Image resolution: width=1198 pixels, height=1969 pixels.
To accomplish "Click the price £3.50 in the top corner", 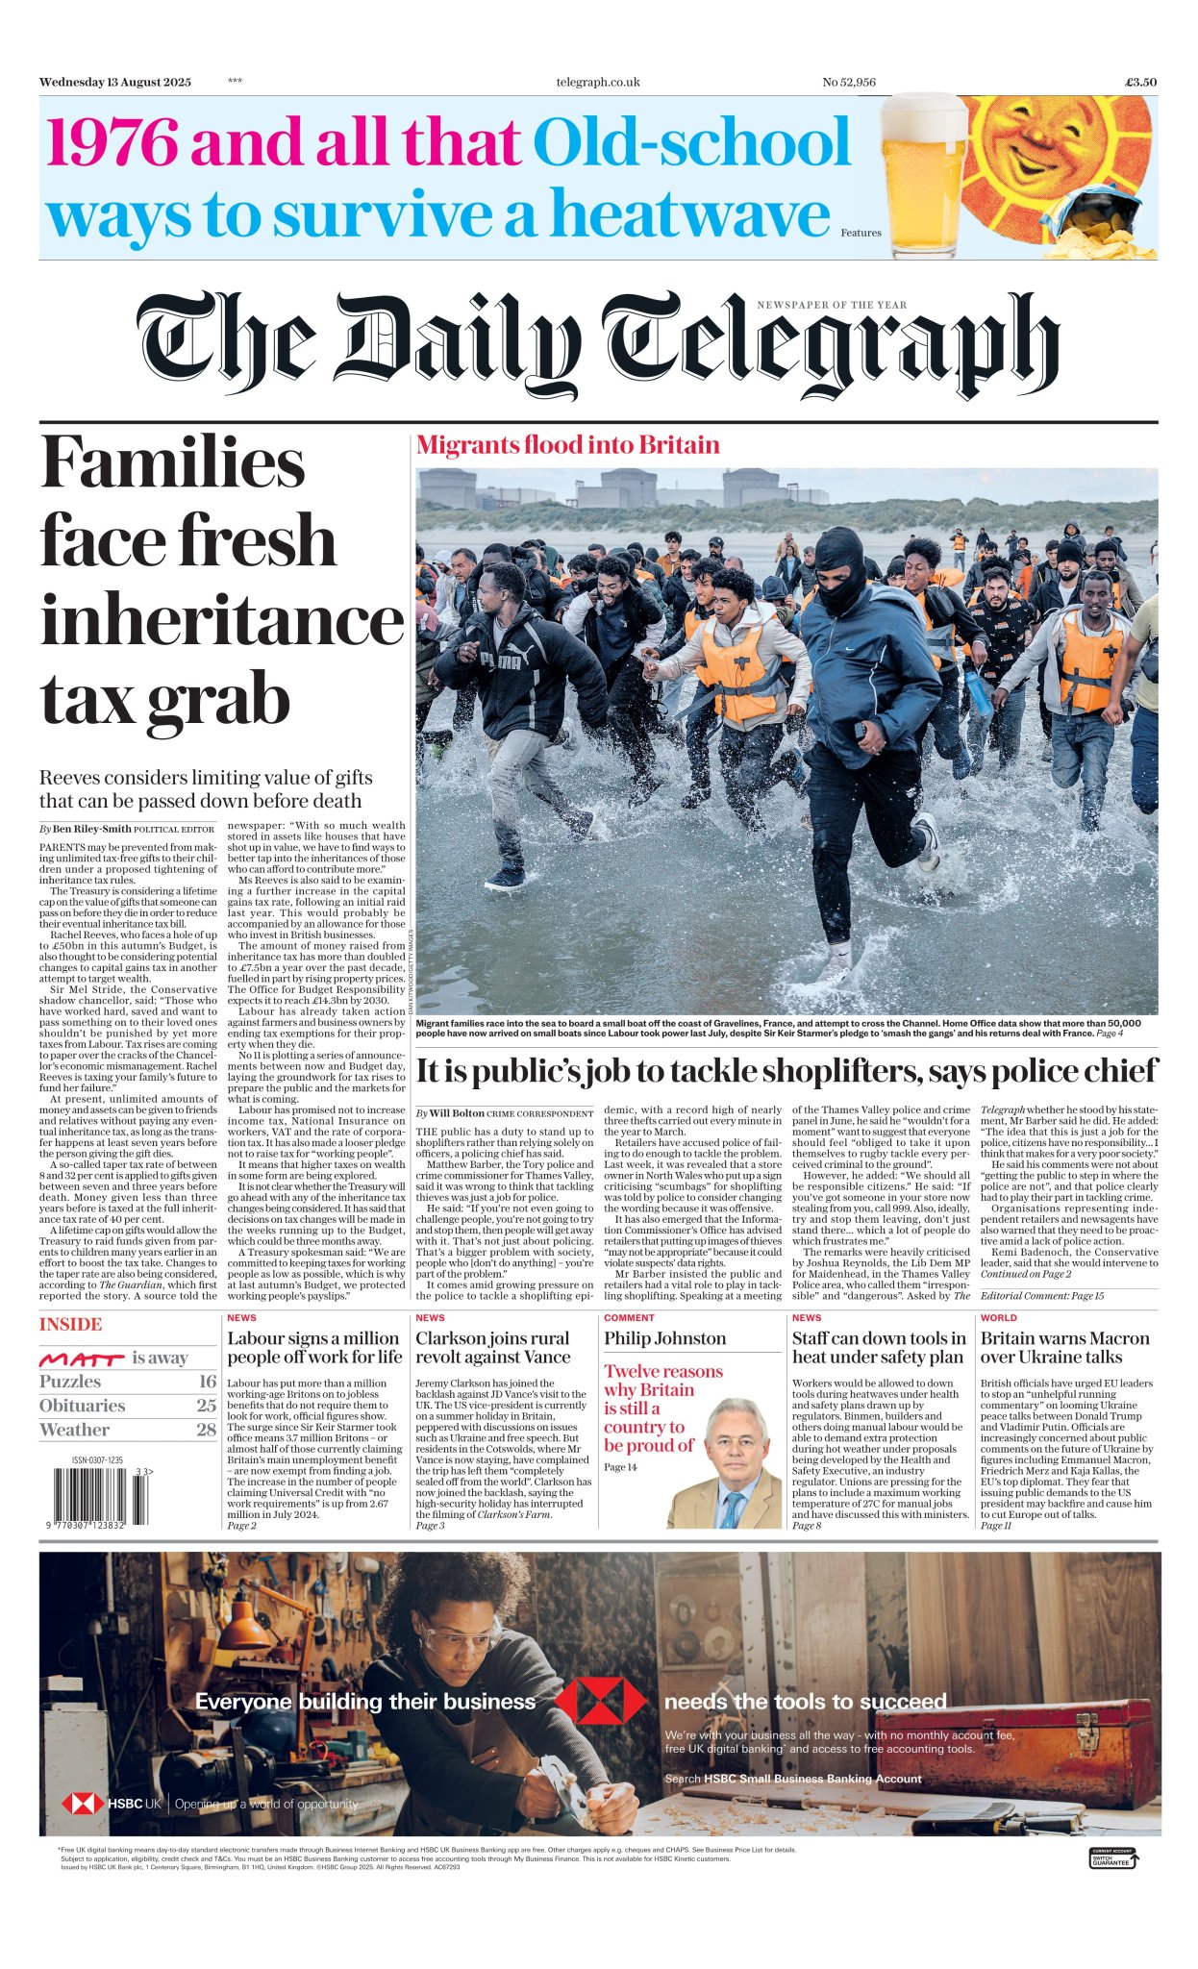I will click(1140, 82).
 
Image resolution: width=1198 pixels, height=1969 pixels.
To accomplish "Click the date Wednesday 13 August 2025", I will click(115, 82).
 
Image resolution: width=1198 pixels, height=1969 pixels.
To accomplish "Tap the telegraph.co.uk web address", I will click(597, 82).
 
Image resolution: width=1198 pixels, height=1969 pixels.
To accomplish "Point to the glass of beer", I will click(922, 177).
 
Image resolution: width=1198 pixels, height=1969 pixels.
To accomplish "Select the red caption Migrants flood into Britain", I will click(567, 445).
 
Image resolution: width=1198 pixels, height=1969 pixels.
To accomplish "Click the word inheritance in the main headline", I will click(222, 621).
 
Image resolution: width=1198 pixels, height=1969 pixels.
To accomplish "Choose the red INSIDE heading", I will click(70, 1325).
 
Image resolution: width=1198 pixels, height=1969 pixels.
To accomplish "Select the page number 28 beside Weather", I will click(206, 1430).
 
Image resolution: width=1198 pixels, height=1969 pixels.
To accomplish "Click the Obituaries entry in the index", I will click(82, 1406).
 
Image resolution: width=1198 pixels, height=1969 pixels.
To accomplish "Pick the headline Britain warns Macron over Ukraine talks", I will click(1064, 1347).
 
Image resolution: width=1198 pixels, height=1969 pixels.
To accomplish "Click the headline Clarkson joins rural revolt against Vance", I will click(492, 1347).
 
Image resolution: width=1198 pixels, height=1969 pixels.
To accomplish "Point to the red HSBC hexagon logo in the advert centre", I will click(600, 1702).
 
